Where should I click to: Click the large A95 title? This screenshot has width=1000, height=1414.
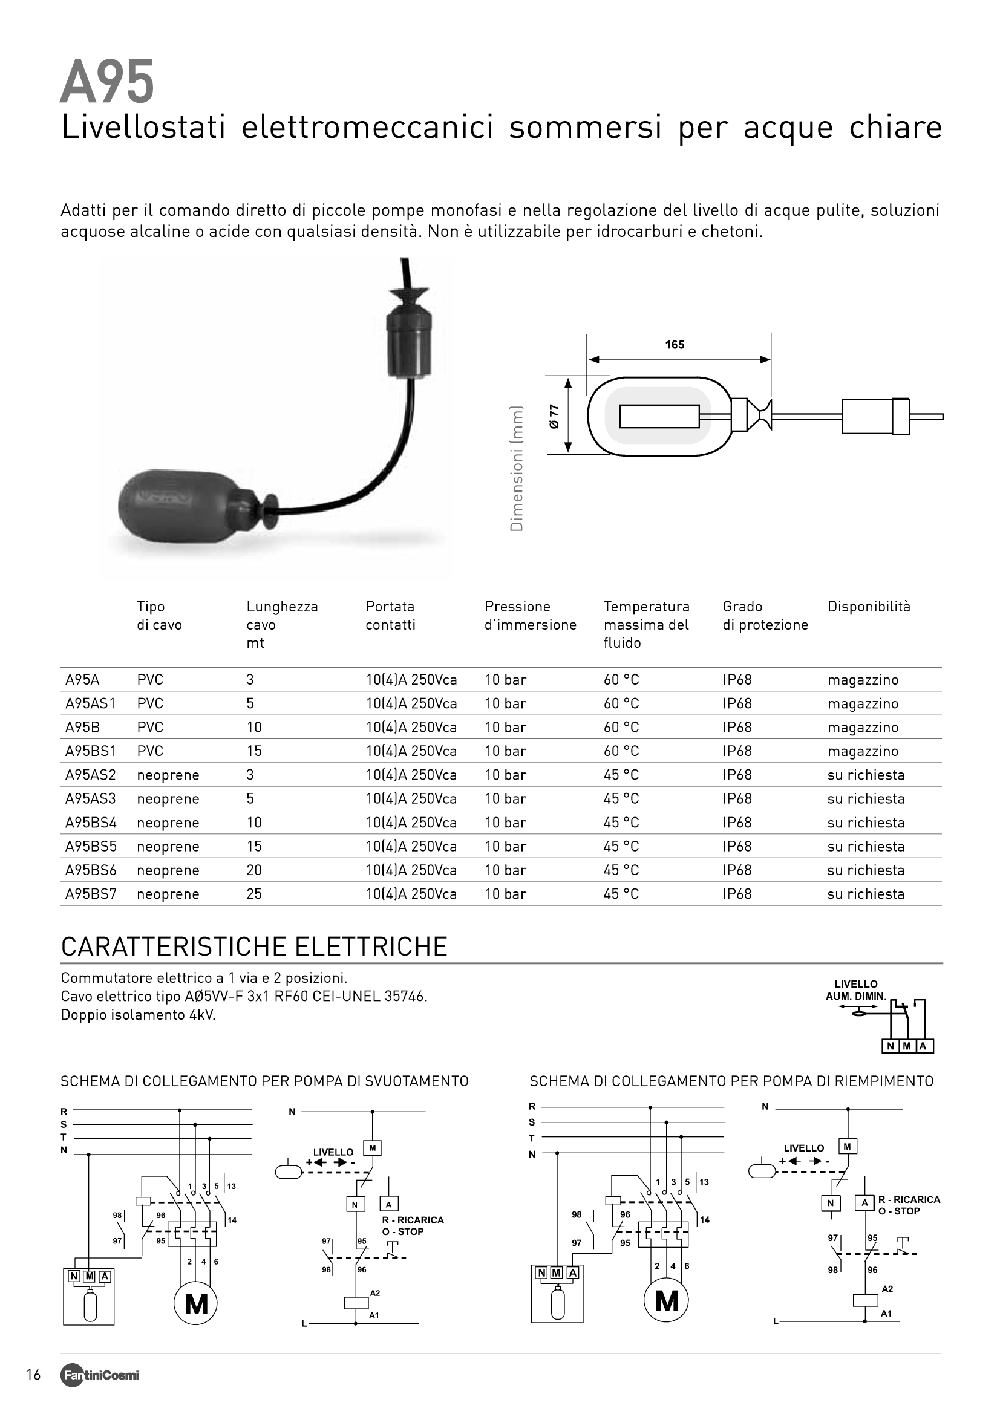(107, 82)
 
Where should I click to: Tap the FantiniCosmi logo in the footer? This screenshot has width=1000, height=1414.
(100, 1375)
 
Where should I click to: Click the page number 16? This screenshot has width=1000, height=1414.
(33, 1375)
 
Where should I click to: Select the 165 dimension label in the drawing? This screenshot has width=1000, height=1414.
(675, 345)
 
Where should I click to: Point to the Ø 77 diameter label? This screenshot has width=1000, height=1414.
(555, 416)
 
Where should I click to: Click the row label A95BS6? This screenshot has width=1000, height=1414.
(91, 870)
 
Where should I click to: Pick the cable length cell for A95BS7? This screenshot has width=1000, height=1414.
(254, 894)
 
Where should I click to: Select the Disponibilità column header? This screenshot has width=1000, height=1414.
(868, 607)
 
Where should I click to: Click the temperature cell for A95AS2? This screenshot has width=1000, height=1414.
(621, 775)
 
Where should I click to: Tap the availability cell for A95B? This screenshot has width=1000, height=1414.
(863, 728)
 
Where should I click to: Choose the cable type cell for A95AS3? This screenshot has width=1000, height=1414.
(168, 799)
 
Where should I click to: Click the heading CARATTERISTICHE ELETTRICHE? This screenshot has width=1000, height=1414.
(254, 946)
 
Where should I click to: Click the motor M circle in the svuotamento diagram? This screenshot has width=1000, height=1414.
(196, 1305)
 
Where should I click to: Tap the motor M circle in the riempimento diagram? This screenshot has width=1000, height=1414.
(666, 1302)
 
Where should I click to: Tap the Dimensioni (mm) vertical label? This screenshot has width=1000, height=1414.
(516, 468)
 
